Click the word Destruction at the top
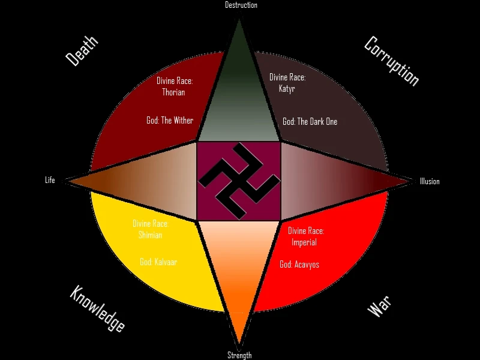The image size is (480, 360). click(x=241, y=5)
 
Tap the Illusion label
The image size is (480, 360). click(x=430, y=182)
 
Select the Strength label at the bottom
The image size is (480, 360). click(x=239, y=355)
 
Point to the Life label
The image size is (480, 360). click(x=50, y=180)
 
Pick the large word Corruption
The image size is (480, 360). click(x=391, y=61)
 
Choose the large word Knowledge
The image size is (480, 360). click(x=97, y=309)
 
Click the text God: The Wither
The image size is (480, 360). click(x=170, y=121)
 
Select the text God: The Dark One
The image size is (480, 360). click(x=310, y=122)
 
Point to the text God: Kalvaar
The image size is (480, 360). click(x=158, y=262)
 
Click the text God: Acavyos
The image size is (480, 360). click(x=299, y=264)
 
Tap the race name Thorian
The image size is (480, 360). click(x=173, y=92)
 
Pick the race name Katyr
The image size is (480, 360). click(x=287, y=89)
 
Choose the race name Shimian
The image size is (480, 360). click(x=150, y=235)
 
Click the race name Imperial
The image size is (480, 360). click(x=304, y=242)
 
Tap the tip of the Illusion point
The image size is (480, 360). click(x=412, y=180)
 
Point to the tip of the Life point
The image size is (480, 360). click(x=66, y=180)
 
